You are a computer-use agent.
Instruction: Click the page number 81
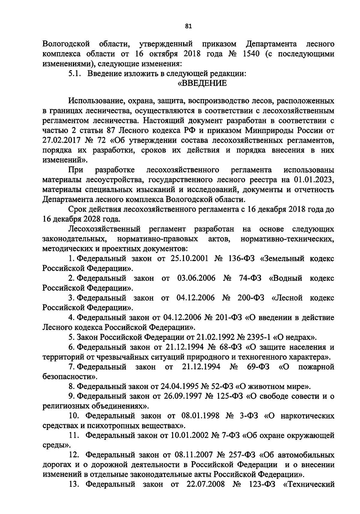coord(188,26)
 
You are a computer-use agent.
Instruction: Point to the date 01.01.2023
coord(312,180)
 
